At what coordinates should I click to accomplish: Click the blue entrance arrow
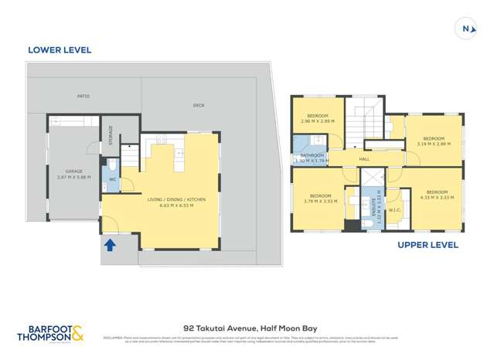coord(111,245)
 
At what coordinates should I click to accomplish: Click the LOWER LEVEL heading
coord(60,50)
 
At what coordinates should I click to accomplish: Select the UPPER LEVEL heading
coord(428,245)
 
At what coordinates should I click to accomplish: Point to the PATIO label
coord(83,97)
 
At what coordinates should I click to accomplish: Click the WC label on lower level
coord(113,179)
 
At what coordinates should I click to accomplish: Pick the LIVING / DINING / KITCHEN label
coord(176,199)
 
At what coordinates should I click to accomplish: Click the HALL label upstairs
coord(364,160)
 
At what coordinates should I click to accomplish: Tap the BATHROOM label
coord(312,156)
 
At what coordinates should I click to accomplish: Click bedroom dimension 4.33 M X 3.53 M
coord(437,196)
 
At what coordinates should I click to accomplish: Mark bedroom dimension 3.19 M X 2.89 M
coord(433,144)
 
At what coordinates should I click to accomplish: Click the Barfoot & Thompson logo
coord(53,333)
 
